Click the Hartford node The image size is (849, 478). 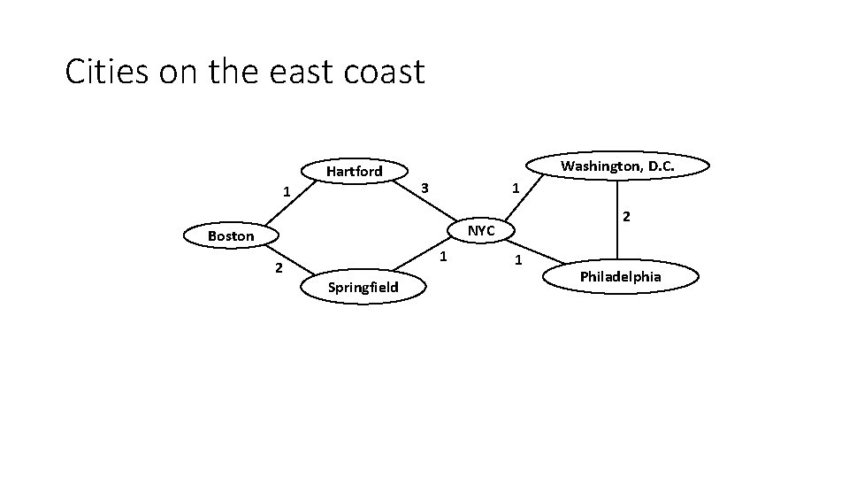click(354, 171)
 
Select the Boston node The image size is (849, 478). click(231, 236)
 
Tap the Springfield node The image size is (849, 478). click(363, 287)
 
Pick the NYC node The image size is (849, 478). click(481, 231)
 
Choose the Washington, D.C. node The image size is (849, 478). click(617, 166)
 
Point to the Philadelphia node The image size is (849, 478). click(620, 277)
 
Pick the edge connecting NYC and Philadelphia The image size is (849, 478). click(539, 252)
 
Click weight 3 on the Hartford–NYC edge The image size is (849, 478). click(424, 189)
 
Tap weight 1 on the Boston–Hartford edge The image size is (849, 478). click(285, 191)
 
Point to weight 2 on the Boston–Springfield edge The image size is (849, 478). click(278, 268)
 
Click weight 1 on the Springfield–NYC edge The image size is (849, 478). click(444, 257)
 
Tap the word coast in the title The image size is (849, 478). click(385, 71)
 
